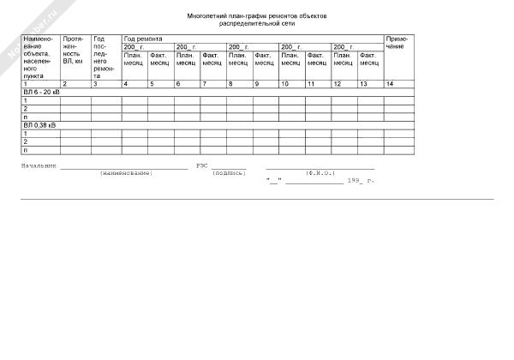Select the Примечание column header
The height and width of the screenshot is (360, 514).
point(396,42)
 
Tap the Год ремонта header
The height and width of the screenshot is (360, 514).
point(143,39)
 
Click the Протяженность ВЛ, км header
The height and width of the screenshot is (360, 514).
point(73,51)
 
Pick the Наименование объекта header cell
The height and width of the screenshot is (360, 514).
point(39,57)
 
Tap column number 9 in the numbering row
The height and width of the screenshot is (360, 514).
point(256,84)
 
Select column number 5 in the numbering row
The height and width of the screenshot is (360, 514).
point(152,84)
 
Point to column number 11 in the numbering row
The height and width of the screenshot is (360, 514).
point(310,84)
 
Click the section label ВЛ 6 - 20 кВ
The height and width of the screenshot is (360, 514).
point(41,92)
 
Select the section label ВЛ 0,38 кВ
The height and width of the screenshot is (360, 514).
point(39,125)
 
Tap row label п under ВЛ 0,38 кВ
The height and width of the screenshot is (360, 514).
point(25,150)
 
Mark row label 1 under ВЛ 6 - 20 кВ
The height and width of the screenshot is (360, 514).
point(25,100)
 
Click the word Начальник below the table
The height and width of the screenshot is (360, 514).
point(39,165)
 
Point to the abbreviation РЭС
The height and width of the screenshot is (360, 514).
point(202,165)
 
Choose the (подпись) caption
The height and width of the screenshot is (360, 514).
point(229,173)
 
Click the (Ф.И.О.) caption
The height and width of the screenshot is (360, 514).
point(319,173)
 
